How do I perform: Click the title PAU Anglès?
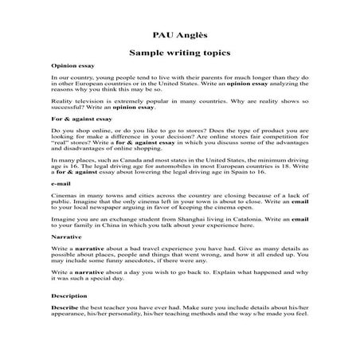click(179, 34)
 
